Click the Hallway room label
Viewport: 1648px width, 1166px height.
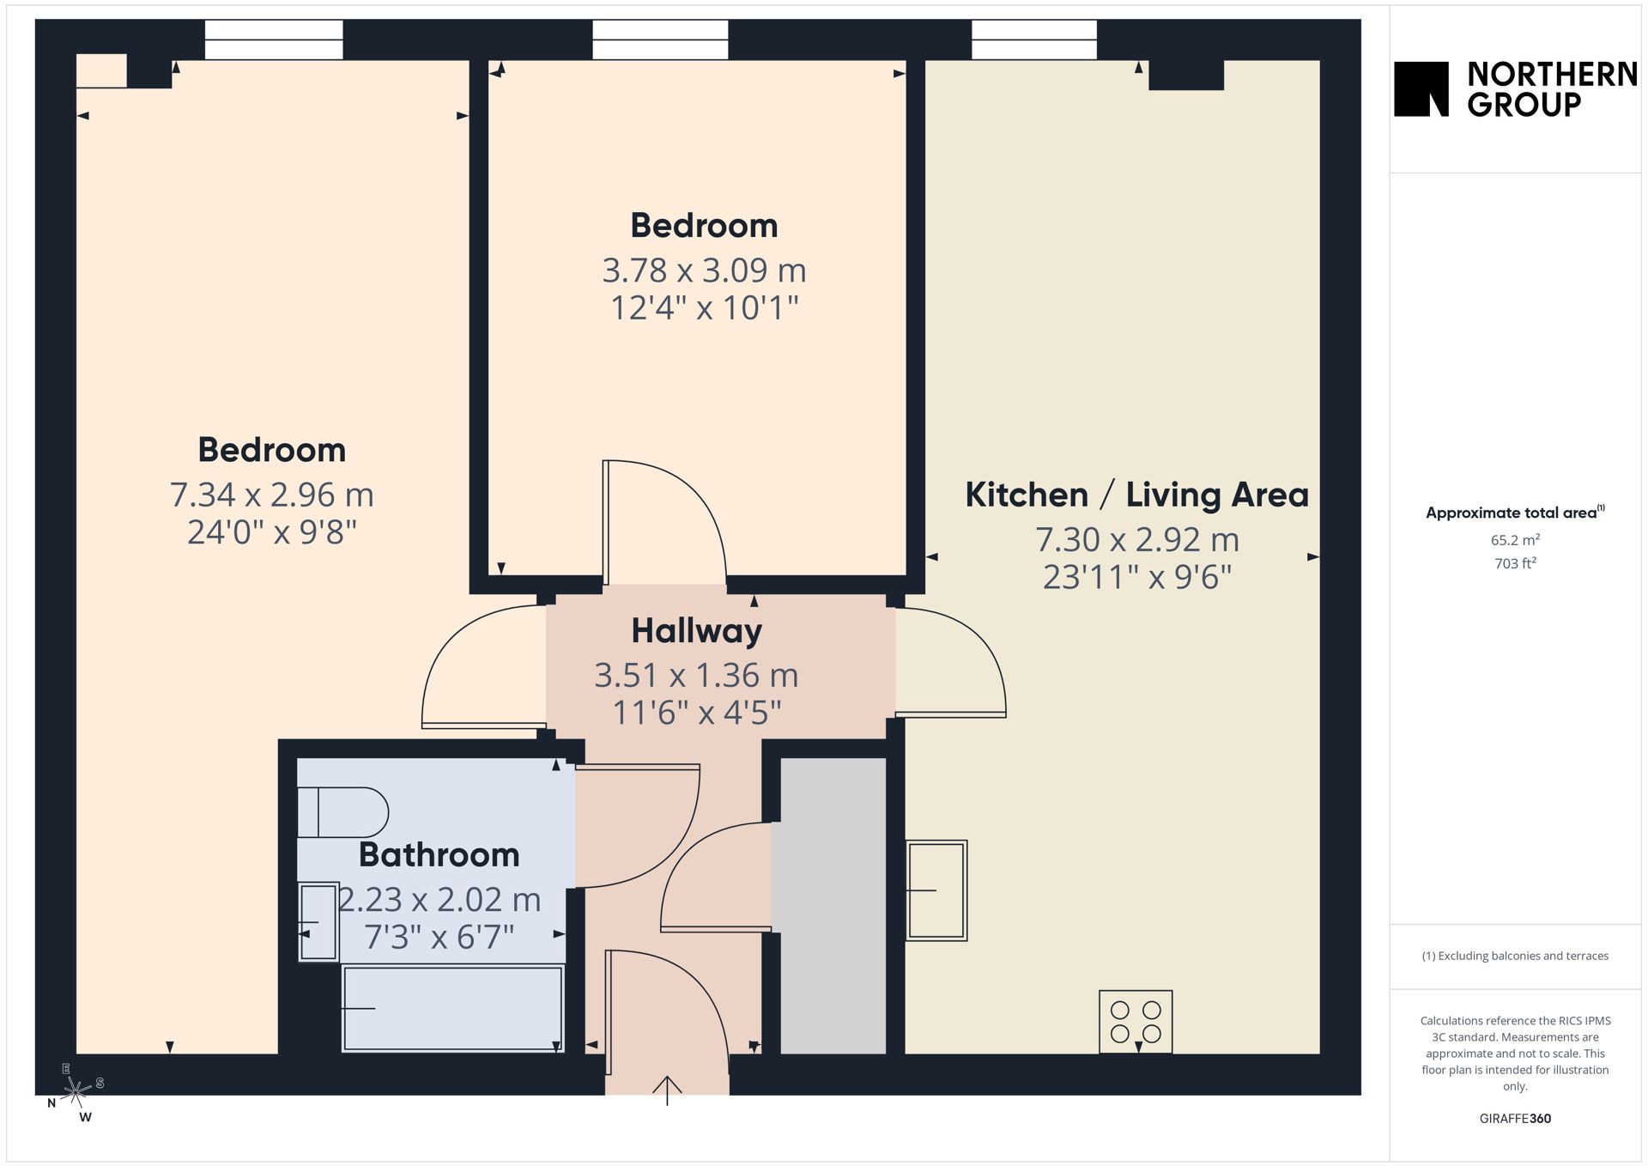pos(696,631)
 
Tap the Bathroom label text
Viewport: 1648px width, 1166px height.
pos(439,854)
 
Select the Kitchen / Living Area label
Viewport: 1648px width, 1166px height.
pos(1136,495)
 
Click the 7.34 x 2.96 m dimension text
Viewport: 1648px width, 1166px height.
pos(271,495)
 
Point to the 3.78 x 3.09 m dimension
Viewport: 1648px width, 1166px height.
pos(704,270)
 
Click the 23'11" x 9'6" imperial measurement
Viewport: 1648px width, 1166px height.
pos(1137,577)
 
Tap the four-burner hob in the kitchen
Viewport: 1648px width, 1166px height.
pos(1136,1022)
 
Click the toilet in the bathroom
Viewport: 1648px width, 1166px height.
pos(342,812)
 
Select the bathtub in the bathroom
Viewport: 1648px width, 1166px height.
pos(452,1008)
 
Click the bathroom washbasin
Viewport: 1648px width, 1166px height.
pos(318,922)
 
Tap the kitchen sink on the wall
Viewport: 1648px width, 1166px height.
pos(936,890)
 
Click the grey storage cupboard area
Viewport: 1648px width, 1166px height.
pos(833,906)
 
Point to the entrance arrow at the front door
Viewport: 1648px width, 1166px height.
pos(667,1090)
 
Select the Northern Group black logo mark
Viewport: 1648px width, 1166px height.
pos(1421,88)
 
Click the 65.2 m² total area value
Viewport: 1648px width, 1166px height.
pos(1515,540)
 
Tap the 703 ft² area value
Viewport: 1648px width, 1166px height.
pos(1515,563)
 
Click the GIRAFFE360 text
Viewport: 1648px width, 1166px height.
pos(1515,1119)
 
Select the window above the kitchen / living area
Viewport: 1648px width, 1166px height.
pos(1034,39)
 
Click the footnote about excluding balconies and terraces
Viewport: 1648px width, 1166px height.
pos(1515,956)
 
